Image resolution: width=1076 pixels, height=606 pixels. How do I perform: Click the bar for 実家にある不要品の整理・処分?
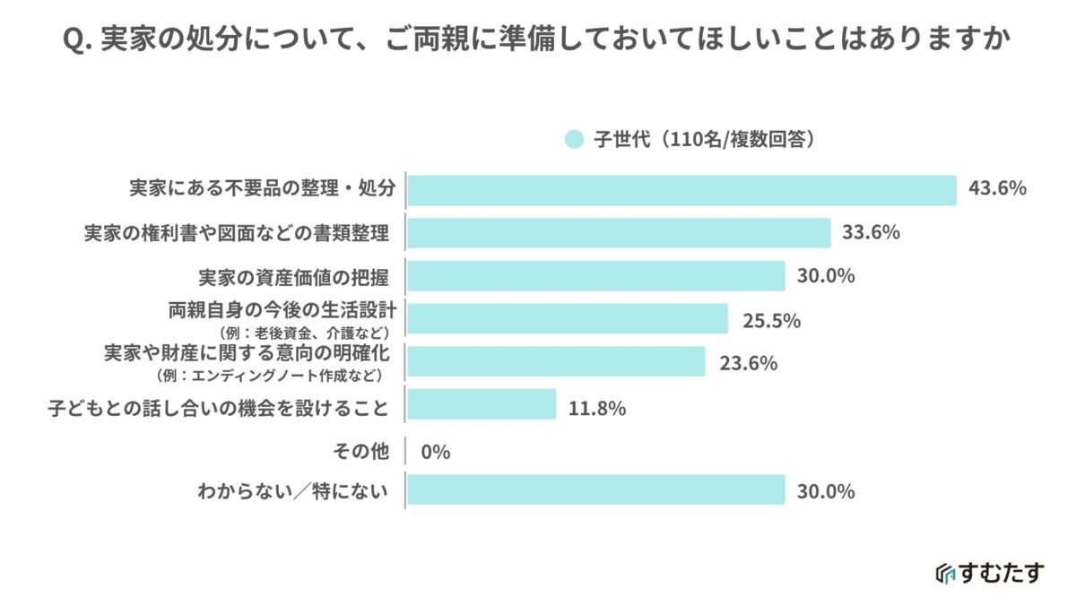click(682, 190)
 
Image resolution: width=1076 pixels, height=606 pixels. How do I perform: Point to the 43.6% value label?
click(996, 189)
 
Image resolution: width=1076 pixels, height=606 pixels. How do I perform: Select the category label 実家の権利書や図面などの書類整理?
click(237, 233)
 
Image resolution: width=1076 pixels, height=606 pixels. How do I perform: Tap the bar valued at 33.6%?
click(619, 233)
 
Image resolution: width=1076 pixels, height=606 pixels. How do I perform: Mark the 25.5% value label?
click(770, 320)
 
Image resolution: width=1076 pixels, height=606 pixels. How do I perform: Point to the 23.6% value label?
click(747, 363)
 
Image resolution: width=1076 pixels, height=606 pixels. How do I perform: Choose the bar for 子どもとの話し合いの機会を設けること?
click(482, 404)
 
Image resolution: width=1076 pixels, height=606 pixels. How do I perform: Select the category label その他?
click(361, 452)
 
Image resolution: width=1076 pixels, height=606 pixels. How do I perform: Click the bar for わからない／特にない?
click(595, 490)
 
